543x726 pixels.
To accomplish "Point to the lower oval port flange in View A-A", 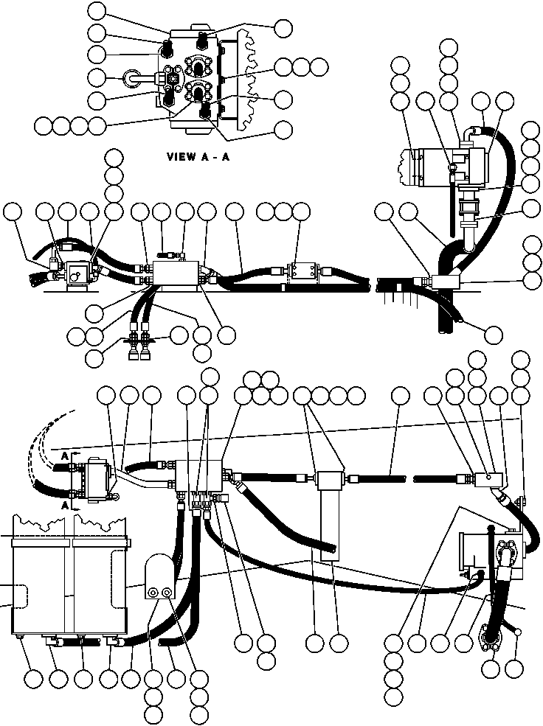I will (x=200, y=94).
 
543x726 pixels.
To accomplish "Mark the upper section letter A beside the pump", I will (x=64, y=457).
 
